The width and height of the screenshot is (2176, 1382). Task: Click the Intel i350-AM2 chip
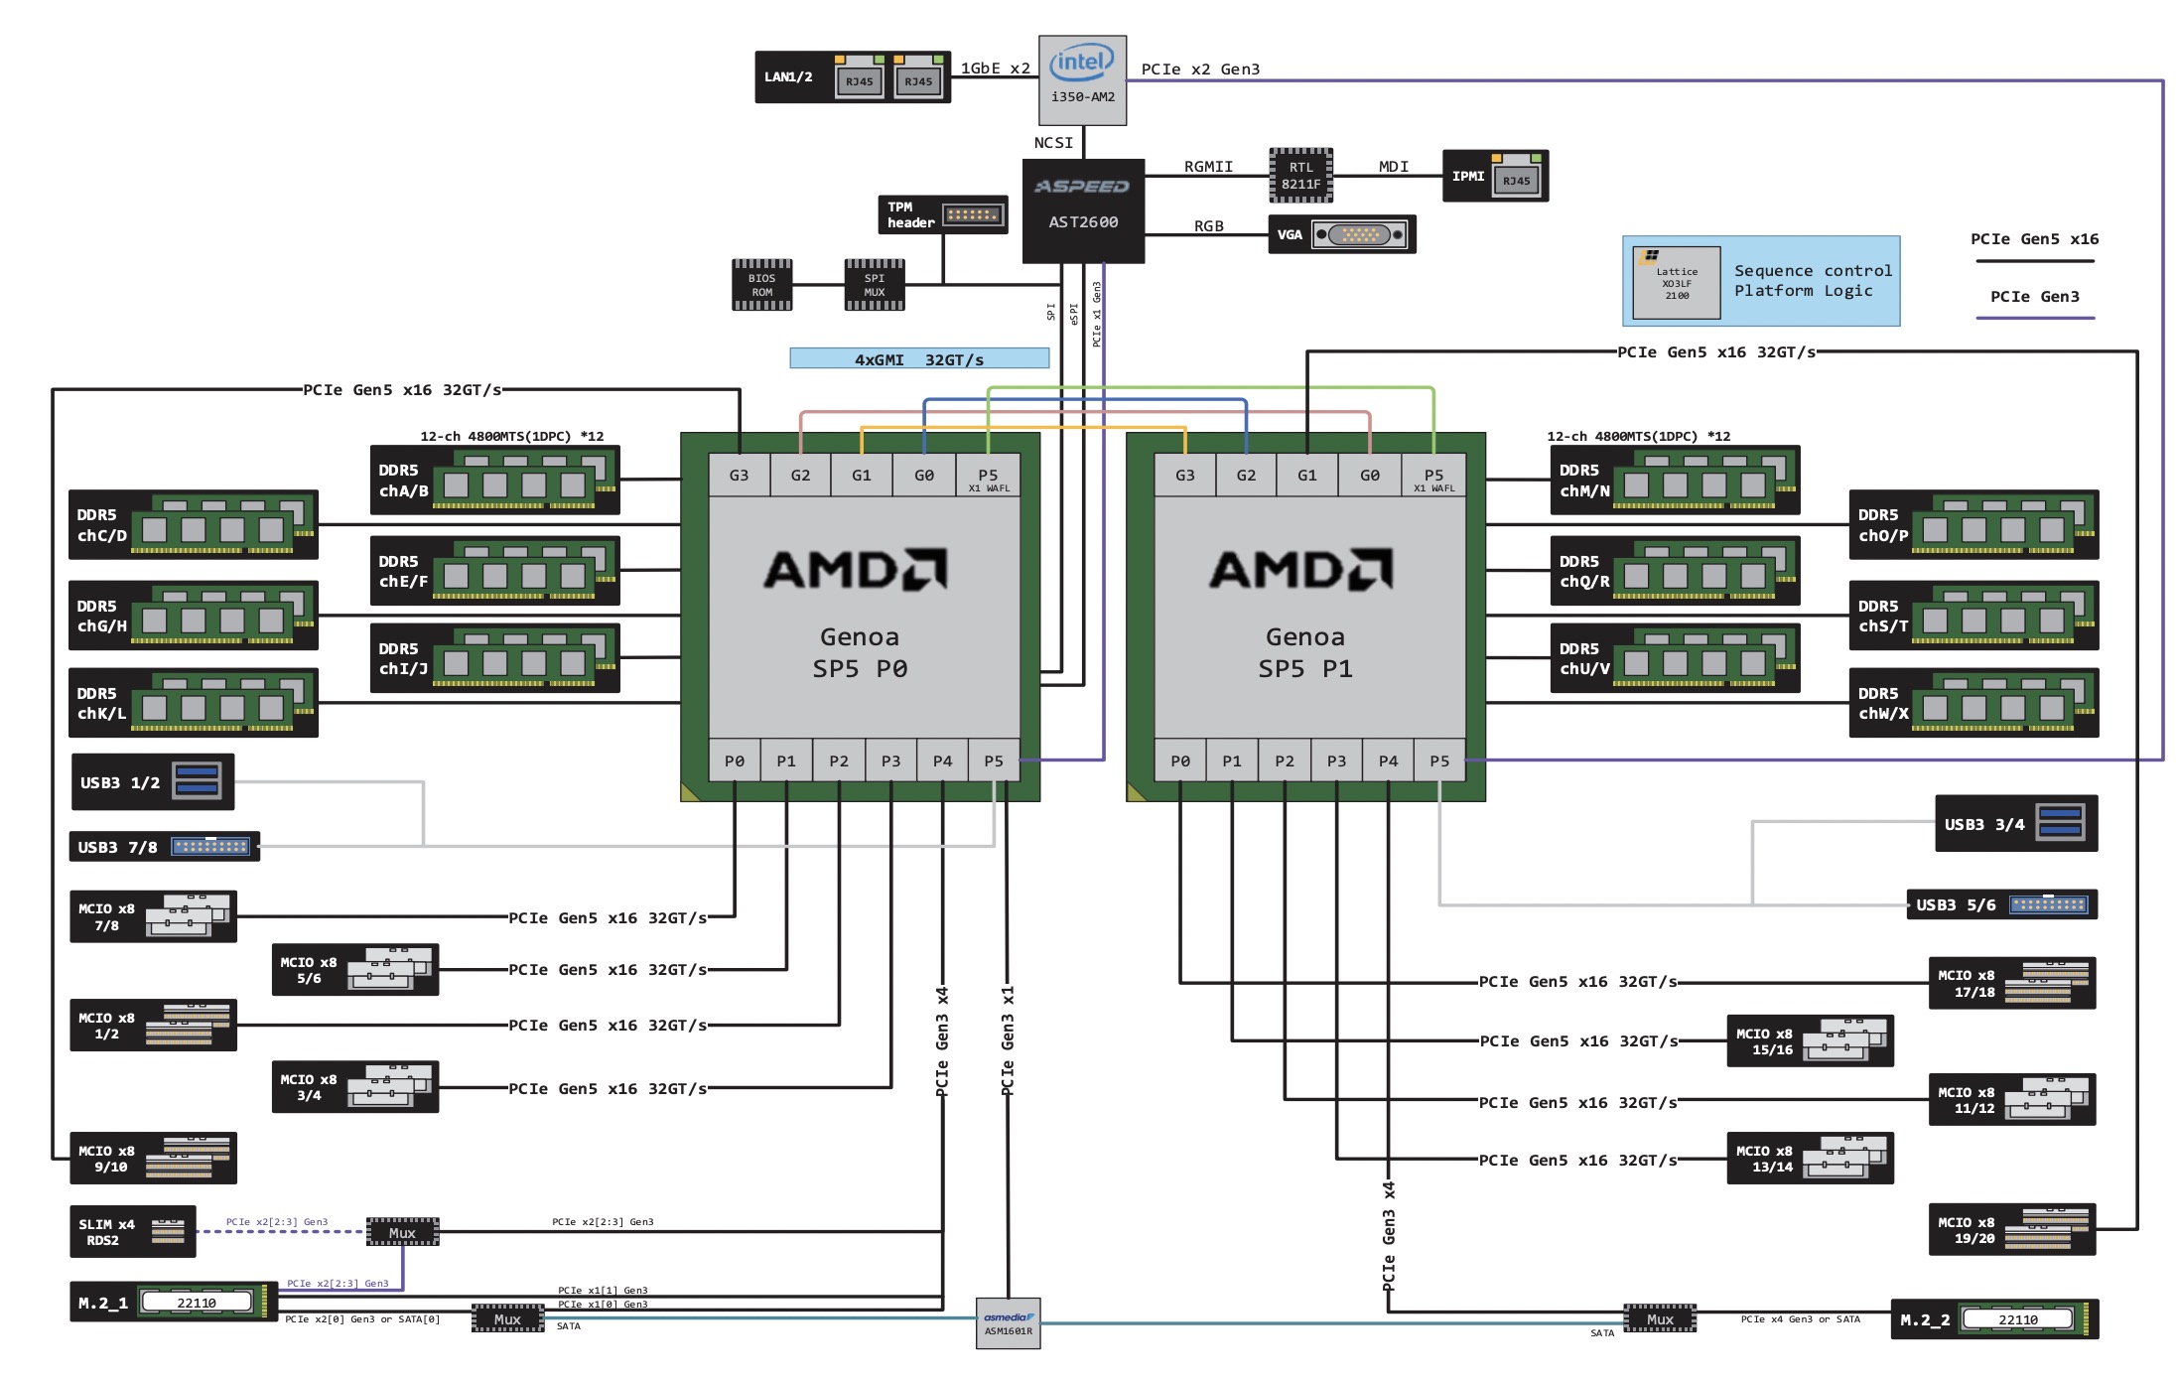pyautogui.click(x=1082, y=79)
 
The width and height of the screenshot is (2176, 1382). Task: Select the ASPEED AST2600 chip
pyautogui.click(x=1083, y=210)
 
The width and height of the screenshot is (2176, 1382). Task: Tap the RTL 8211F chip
pyautogui.click(x=1300, y=176)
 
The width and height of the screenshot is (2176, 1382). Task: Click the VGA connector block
pyautogui.click(x=1341, y=234)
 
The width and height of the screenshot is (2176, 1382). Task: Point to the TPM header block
pyautogui.click(x=942, y=214)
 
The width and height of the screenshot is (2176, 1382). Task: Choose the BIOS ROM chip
pyautogui.click(x=761, y=285)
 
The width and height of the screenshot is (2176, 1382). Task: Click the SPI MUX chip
pyautogui.click(x=874, y=285)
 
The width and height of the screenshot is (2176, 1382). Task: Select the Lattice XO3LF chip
pyautogui.click(x=1677, y=283)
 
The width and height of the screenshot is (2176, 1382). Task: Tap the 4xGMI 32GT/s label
pyautogui.click(x=919, y=358)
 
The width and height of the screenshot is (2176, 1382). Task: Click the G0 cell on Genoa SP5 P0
pyautogui.click(x=923, y=476)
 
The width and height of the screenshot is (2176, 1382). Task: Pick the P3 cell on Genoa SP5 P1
pyautogui.click(x=1336, y=760)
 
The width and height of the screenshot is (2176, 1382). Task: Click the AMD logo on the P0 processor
pyautogui.click(x=856, y=570)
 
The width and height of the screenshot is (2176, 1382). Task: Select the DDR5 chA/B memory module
pyautogui.click(x=494, y=481)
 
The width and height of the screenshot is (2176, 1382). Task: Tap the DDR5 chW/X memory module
pyautogui.click(x=1973, y=703)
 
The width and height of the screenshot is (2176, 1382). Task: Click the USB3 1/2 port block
pyautogui.click(x=153, y=782)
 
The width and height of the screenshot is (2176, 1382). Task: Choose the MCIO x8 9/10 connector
pyautogui.click(x=153, y=1158)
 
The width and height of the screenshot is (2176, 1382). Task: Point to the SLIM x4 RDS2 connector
pyautogui.click(x=132, y=1232)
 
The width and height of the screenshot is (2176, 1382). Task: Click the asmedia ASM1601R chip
pyautogui.click(x=1008, y=1323)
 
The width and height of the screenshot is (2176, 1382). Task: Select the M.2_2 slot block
pyautogui.click(x=1993, y=1319)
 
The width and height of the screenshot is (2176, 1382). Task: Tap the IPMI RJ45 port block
pyautogui.click(x=1494, y=176)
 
